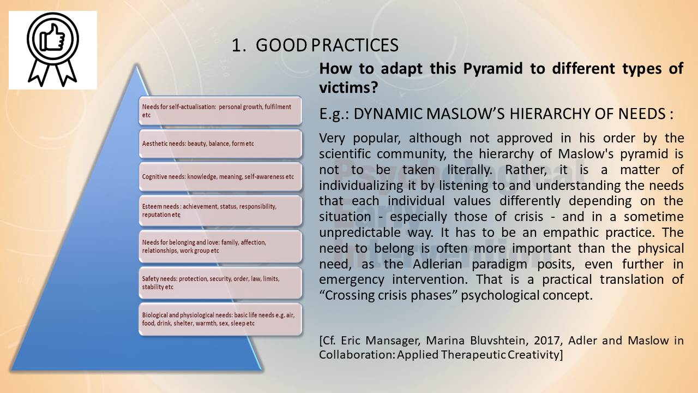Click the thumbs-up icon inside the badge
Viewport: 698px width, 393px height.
52,38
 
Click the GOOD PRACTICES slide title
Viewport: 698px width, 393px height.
315,45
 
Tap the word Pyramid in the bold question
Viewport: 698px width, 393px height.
492,68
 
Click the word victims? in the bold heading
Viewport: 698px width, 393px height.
348,87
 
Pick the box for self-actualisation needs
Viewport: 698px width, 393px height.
220,111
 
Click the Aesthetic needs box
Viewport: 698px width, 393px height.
220,144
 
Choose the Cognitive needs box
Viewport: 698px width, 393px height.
220,177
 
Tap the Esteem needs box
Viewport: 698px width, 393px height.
220,211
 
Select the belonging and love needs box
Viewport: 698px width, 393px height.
220,246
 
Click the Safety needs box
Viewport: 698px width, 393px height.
220,283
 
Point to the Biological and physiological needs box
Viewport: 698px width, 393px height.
220,319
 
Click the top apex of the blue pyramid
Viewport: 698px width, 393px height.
136,64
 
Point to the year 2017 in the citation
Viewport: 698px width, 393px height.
548,340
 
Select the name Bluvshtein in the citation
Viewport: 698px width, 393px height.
498,340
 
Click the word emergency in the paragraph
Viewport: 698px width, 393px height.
352,280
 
